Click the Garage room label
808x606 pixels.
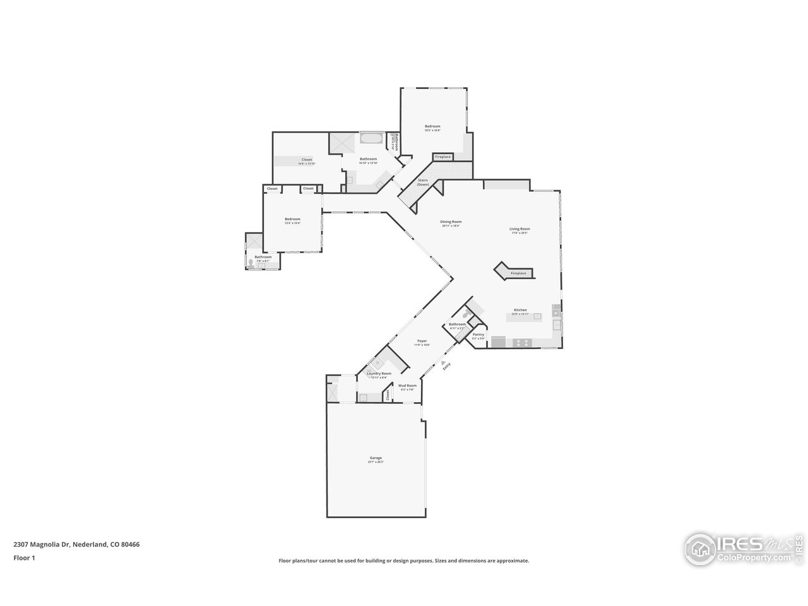376,458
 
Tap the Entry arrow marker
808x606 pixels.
443,362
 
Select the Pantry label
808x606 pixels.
478,335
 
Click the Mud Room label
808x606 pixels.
407,386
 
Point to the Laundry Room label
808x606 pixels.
379,374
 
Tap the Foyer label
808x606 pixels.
422,341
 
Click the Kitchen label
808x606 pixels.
520,310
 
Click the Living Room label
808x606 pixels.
520,229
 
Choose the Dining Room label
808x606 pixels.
451,222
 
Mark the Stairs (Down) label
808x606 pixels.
424,182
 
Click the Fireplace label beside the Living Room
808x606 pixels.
518,273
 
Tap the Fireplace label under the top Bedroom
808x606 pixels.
443,157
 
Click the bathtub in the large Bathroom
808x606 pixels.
371,138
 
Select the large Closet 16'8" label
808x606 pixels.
307,160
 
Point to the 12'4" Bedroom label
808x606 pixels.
292,219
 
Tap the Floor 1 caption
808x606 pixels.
24,557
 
